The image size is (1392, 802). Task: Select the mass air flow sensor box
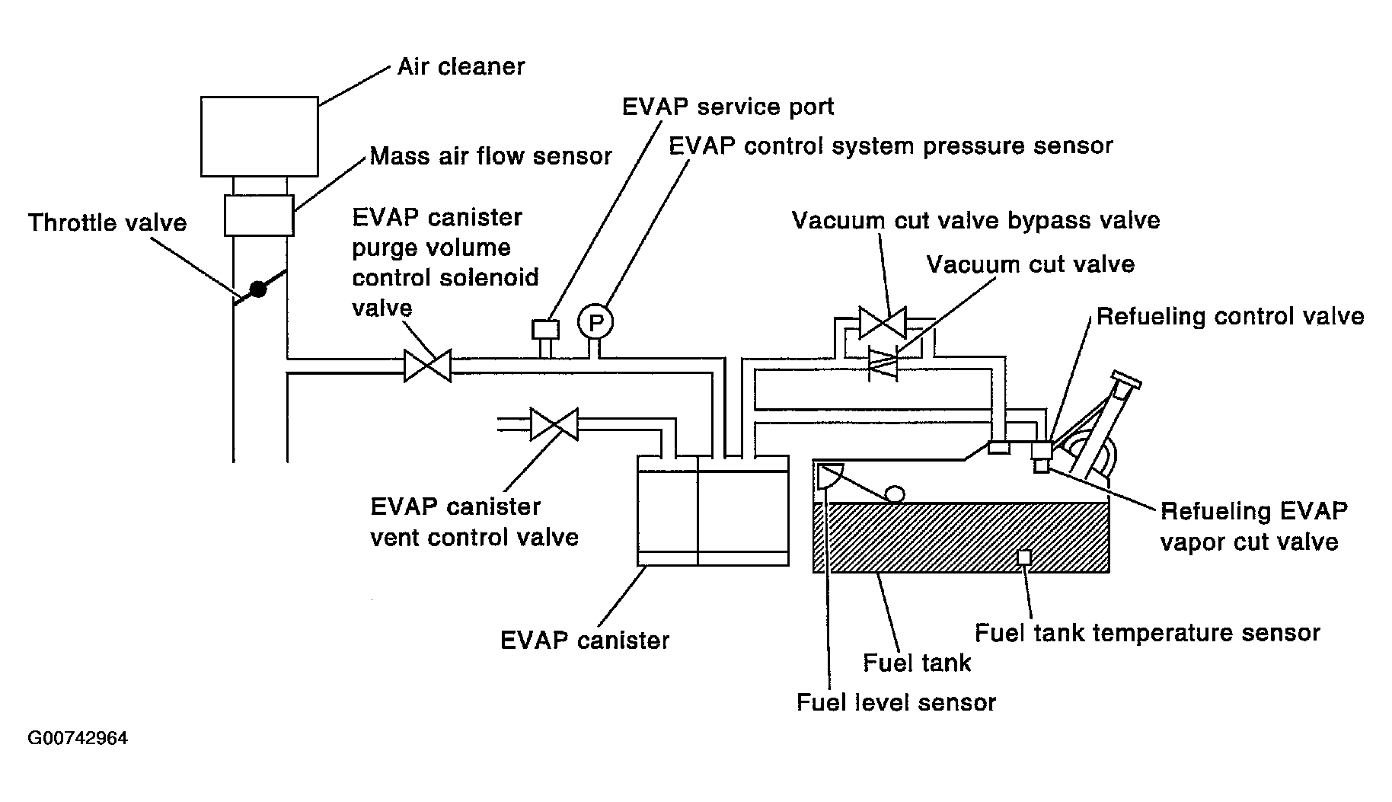tap(259, 215)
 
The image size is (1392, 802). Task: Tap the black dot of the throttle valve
tap(259, 289)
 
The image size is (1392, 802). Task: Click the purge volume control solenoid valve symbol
tap(427, 366)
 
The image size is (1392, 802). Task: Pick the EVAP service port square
tap(545, 330)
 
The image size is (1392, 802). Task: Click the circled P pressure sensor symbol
tap(595, 323)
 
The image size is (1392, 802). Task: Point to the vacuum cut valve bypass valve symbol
tap(883, 322)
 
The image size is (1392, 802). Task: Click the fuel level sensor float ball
tap(894, 494)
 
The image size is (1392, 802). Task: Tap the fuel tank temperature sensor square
tap(1025, 558)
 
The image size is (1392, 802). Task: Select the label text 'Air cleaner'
tap(461, 66)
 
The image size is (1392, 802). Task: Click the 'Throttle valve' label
tap(107, 222)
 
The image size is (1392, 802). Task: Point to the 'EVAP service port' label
tap(728, 107)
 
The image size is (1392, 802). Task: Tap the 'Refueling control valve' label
tap(1230, 316)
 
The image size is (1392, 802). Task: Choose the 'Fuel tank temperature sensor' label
tap(1148, 633)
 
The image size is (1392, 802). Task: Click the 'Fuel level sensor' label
tap(896, 701)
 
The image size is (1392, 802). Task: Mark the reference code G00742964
tap(78, 738)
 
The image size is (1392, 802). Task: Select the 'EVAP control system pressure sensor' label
tap(891, 146)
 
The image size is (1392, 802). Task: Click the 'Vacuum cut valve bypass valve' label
tap(976, 221)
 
